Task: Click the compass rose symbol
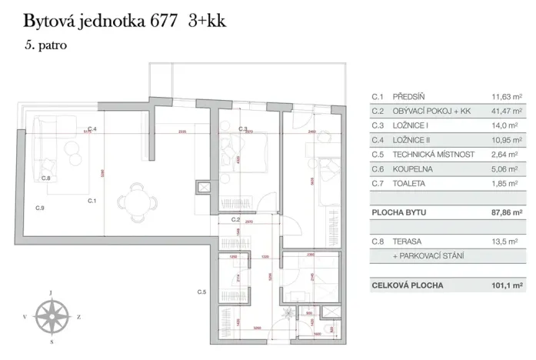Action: coord(52,315)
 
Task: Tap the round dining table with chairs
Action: coord(135,200)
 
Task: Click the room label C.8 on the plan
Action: coord(46,178)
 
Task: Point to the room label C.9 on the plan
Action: coord(39,208)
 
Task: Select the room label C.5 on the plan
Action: coord(202,292)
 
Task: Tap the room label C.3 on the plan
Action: coord(242,128)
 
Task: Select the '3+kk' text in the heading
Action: coord(208,20)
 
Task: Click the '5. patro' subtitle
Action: coord(45,45)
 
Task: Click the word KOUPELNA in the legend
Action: coord(413,168)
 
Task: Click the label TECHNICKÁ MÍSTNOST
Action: coord(434,155)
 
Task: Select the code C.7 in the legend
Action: coord(377,183)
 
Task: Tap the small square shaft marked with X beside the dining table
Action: coord(204,187)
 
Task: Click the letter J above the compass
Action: coord(51,293)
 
